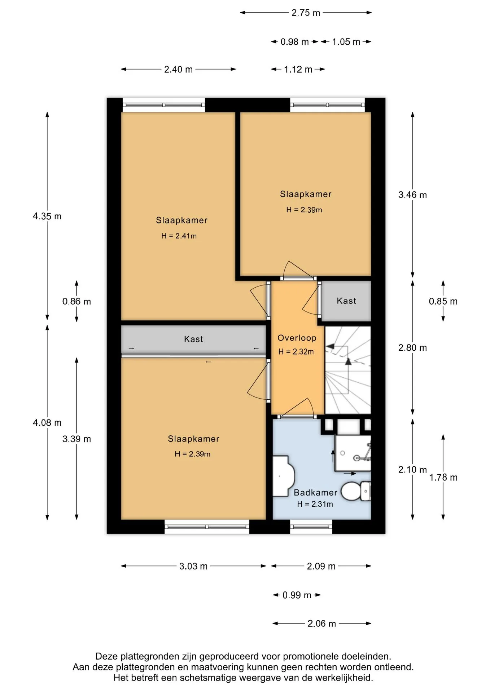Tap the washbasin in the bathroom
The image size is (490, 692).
283,476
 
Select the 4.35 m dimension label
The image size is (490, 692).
47,216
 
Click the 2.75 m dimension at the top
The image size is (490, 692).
306,13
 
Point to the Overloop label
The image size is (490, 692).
297,338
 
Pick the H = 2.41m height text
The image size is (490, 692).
179,236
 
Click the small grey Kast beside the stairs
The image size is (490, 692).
346,301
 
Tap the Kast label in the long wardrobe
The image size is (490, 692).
193,339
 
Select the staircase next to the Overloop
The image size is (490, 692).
348,370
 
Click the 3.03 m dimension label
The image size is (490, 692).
193,566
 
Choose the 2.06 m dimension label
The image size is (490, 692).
321,624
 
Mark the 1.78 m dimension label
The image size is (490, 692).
443,478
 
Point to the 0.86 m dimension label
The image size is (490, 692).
76,301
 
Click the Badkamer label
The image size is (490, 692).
315,493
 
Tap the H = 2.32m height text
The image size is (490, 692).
296,352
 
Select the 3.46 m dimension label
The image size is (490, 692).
412,195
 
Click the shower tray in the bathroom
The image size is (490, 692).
353,453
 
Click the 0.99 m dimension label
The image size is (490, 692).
297,595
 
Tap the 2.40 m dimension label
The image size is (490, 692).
178,69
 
